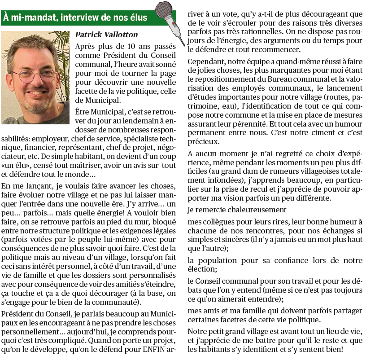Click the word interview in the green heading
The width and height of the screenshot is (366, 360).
click(77, 18)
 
